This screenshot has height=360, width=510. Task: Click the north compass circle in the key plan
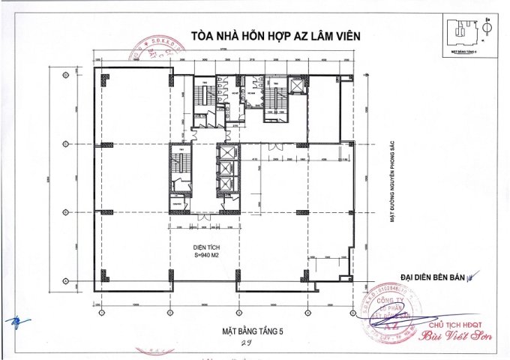pyautogui.click(x=486, y=28)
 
